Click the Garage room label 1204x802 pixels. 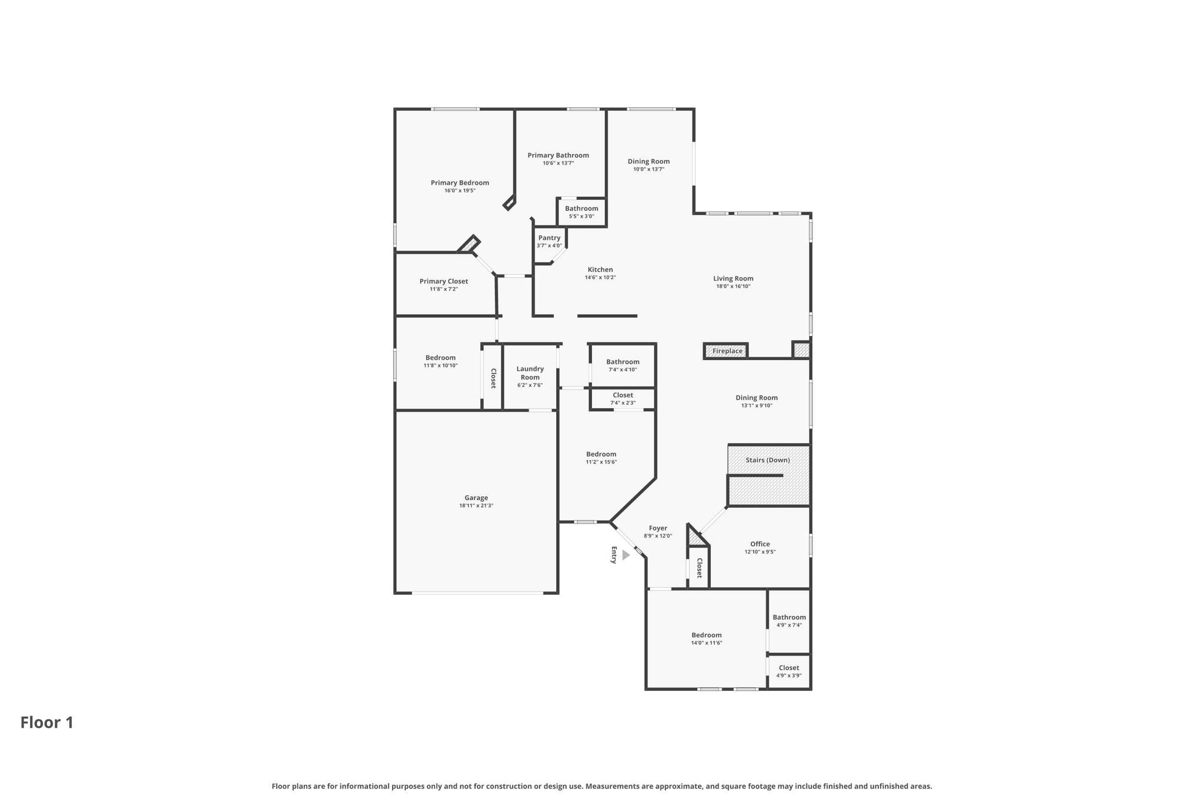476,498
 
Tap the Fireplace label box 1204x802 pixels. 727,351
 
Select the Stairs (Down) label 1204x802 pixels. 767,460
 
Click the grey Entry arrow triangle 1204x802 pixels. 626,555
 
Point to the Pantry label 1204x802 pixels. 549,238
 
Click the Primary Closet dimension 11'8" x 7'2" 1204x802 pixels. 443,289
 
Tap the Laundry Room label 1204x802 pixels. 530,373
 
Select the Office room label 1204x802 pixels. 760,544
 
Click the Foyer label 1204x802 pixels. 657,528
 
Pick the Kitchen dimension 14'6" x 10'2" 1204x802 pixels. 600,277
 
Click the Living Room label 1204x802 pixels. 733,278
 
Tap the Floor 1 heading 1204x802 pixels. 47,722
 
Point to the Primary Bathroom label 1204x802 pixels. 558,155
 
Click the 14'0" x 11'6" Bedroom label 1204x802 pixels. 706,635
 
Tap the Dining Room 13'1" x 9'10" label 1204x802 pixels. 756,398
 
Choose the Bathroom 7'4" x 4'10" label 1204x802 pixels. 623,362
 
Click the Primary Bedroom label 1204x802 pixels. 460,183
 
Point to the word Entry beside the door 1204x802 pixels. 614,555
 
